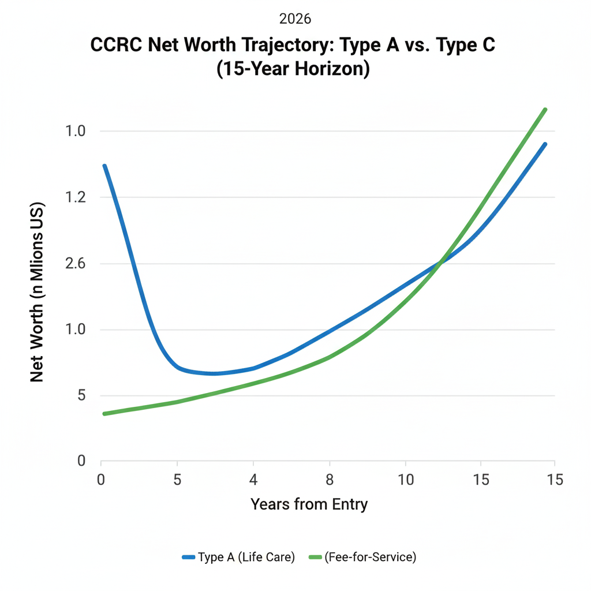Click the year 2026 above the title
click(295, 19)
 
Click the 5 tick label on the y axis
click(81, 396)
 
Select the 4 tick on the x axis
click(253, 479)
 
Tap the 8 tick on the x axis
click(329, 479)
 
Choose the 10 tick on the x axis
click(405, 479)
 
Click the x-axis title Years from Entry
click(309, 504)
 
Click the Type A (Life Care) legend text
click(246, 557)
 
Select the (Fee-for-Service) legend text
click(370, 557)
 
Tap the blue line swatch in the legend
click(188, 557)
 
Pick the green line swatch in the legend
click(315, 557)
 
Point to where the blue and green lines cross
click(440, 263)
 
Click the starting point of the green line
click(104, 414)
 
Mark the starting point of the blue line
click(104, 166)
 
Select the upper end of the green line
click(545, 110)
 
